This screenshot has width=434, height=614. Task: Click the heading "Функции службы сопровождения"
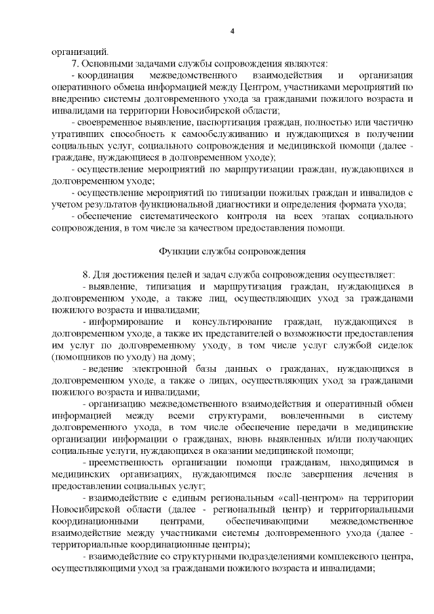tap(232, 251)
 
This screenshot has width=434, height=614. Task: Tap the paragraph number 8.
tap(85, 275)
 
